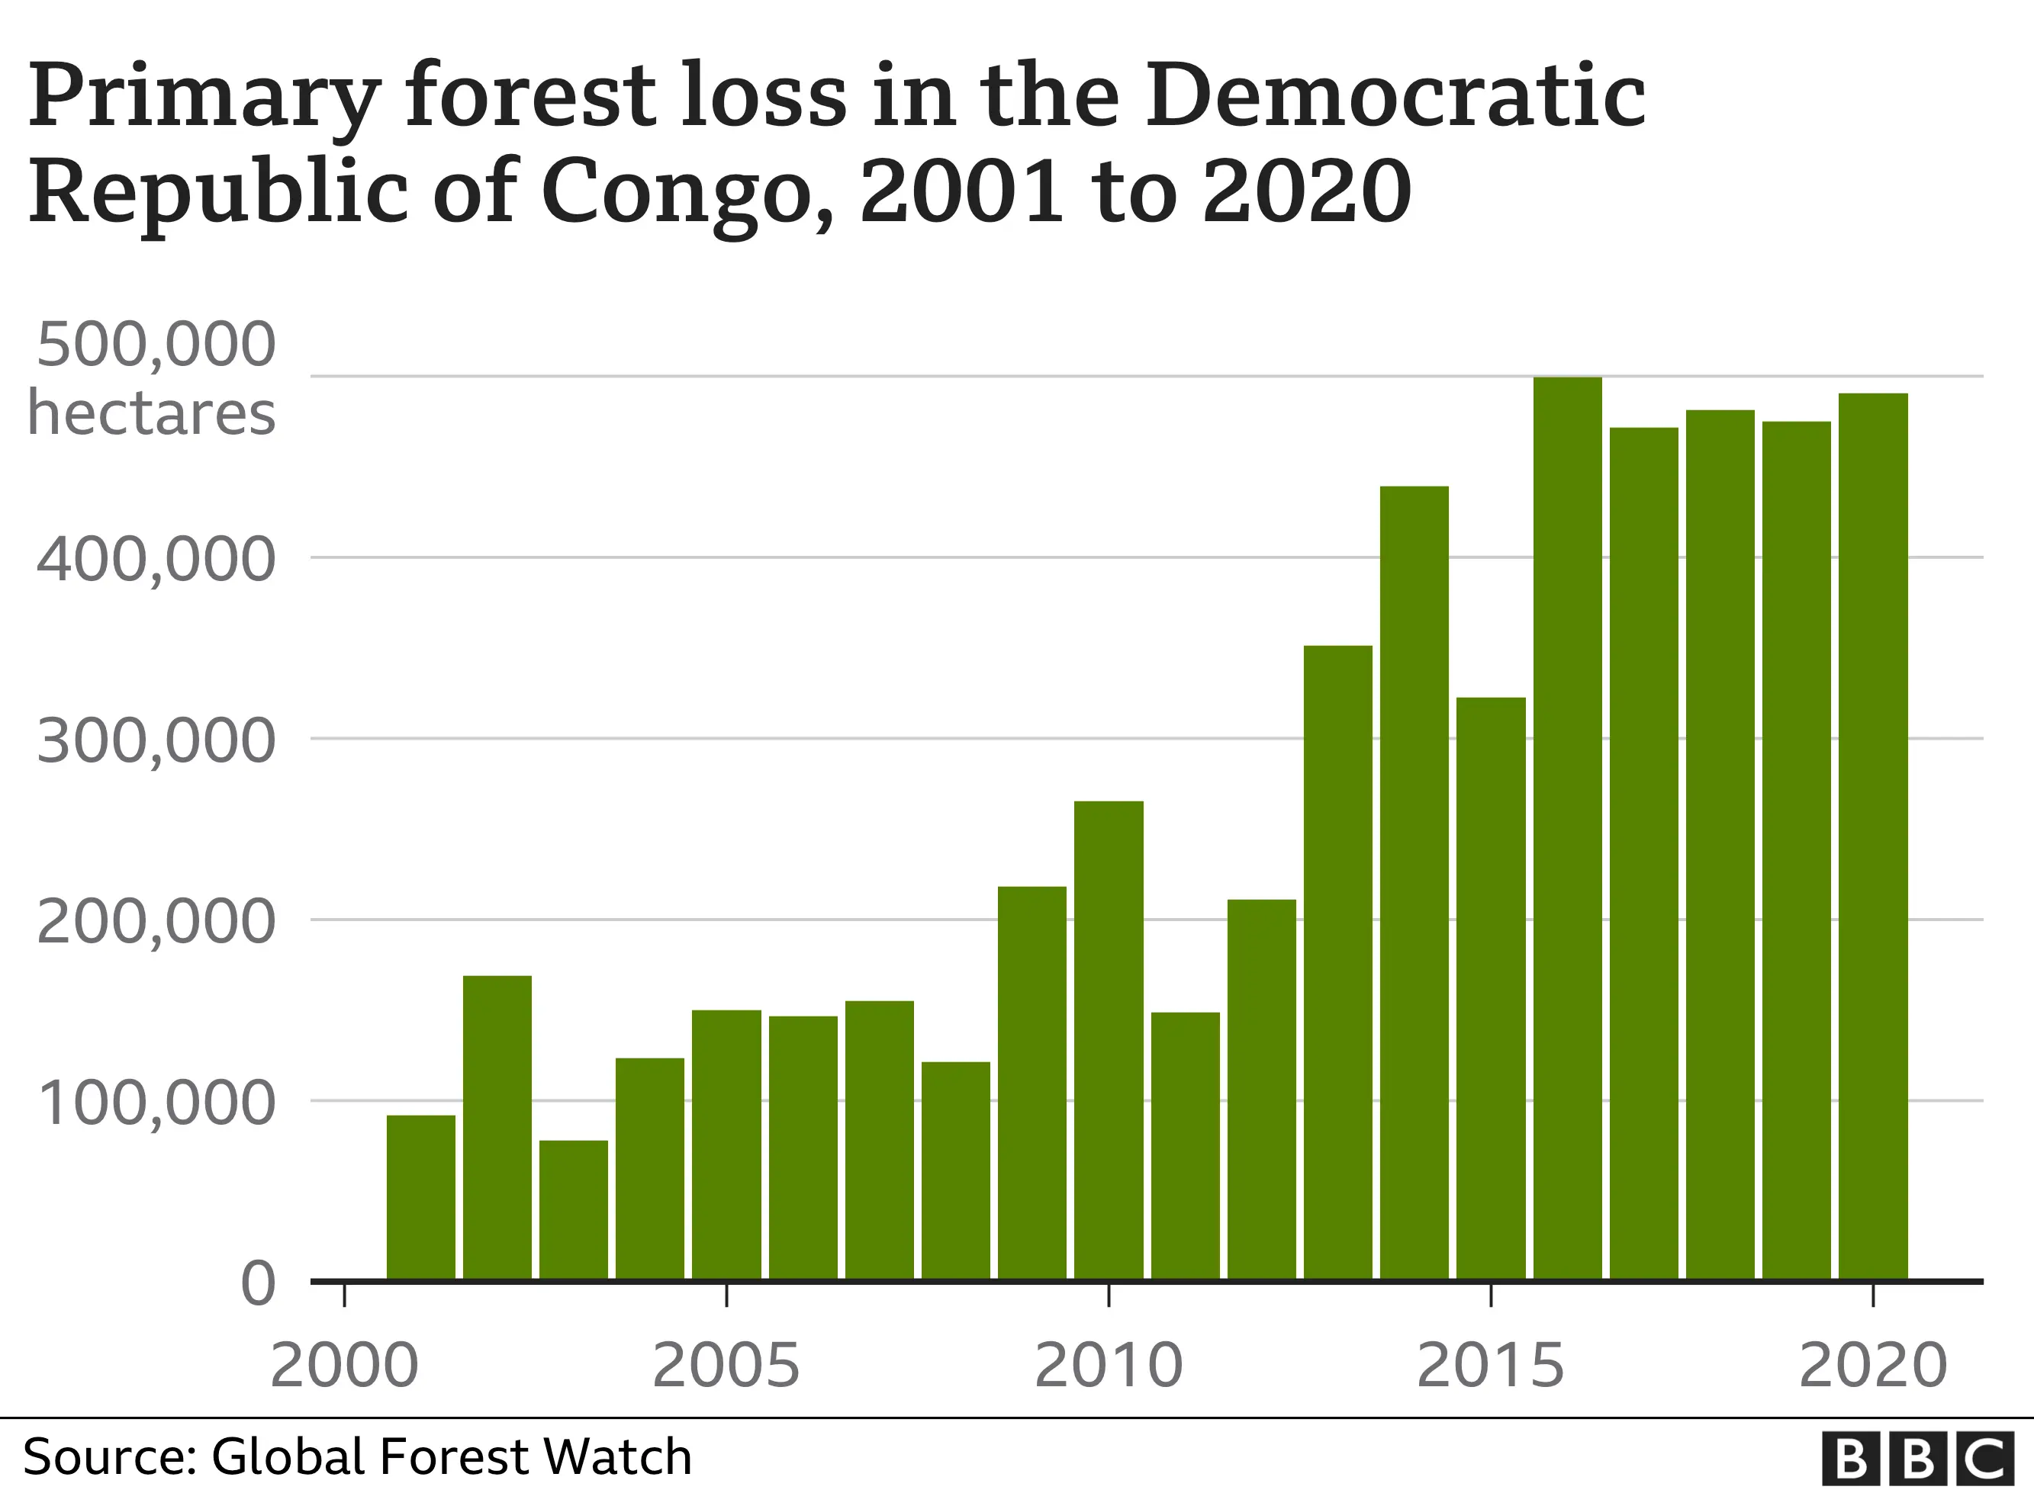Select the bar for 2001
coord(420,1196)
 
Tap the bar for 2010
coord(1109,1039)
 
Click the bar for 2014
coord(1414,882)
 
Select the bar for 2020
coord(1873,836)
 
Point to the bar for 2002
coord(497,1127)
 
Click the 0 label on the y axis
coord(258,1284)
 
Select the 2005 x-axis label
coord(726,1366)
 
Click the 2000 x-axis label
coord(344,1366)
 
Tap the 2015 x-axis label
coord(1490,1366)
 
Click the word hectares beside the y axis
coord(151,414)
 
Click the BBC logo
coord(1917,1458)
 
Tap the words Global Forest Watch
coord(451,1457)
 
